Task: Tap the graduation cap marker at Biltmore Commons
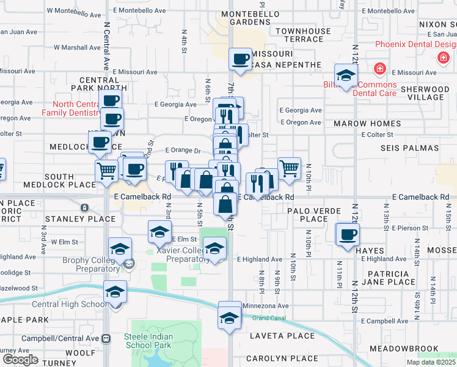coord(346,76)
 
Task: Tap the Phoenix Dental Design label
coord(415,44)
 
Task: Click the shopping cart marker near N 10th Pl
coord(289,168)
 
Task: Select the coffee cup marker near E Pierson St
coord(348,235)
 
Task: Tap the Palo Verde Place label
coord(315,214)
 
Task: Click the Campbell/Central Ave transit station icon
coord(106,338)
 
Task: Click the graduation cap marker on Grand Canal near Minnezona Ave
coord(230,317)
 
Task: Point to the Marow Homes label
coord(367,124)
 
